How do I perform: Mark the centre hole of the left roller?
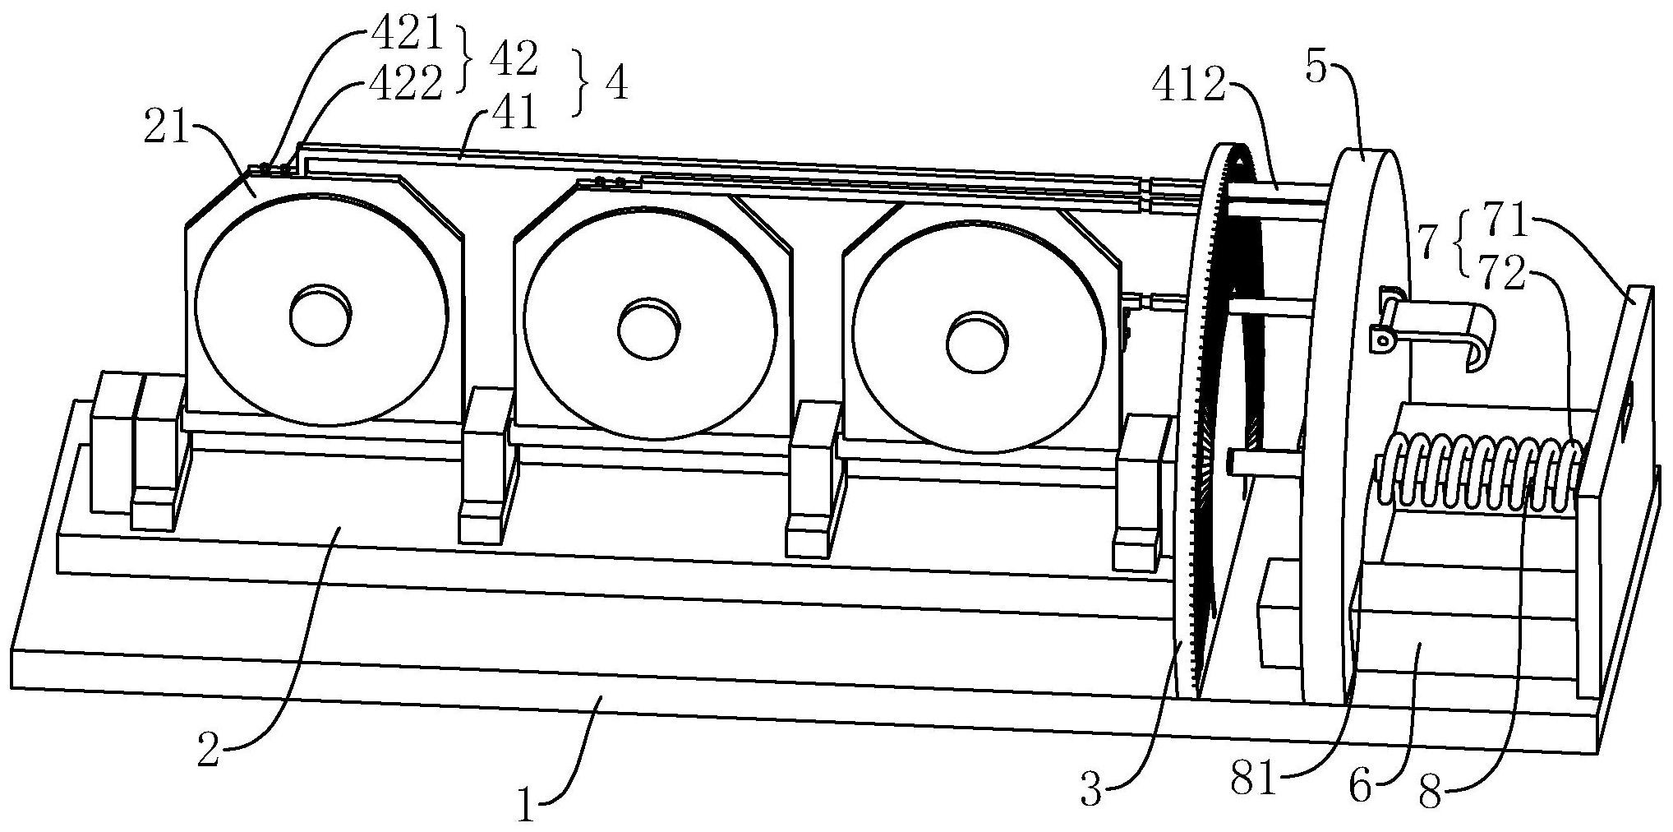point(320,313)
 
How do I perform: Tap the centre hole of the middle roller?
point(649,327)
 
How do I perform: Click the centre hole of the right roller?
point(976,340)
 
